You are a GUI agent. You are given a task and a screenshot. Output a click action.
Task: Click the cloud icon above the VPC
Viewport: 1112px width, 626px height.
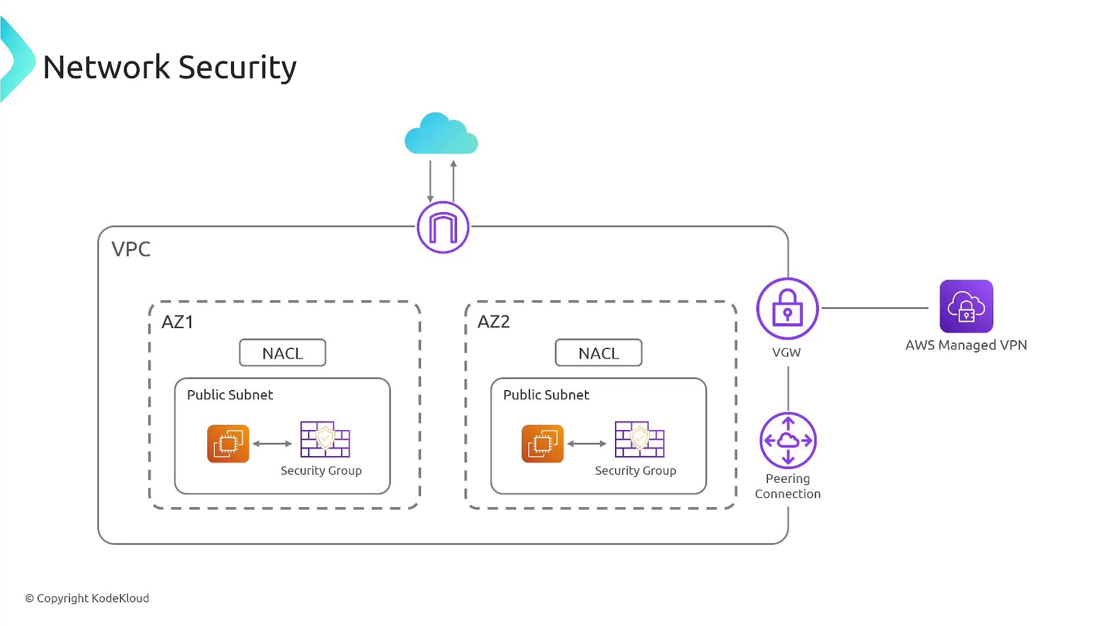click(441, 134)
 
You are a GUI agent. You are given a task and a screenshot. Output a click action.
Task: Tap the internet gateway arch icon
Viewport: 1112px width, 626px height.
click(443, 227)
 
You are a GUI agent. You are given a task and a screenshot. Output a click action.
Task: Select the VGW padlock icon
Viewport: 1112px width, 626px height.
click(787, 308)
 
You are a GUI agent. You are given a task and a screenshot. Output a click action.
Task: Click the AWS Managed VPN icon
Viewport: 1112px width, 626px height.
click(966, 306)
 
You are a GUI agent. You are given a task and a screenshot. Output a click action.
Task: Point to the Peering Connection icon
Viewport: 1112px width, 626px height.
click(788, 441)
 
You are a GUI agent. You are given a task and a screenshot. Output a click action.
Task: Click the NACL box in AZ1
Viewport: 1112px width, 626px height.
click(283, 353)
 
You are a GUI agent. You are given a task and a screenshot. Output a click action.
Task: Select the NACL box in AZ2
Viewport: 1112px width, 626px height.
click(598, 353)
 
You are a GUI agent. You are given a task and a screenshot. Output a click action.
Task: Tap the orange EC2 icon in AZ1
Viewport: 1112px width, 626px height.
click(228, 444)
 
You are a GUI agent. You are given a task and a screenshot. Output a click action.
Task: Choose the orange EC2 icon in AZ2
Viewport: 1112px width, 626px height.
click(543, 444)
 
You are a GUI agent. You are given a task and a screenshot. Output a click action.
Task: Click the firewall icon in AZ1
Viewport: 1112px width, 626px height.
click(325, 440)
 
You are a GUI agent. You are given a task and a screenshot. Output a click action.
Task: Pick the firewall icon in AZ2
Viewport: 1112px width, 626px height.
click(639, 440)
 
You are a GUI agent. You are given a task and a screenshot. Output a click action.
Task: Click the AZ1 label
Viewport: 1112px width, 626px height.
click(177, 322)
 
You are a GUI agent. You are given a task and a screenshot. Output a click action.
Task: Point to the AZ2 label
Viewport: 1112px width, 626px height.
click(493, 322)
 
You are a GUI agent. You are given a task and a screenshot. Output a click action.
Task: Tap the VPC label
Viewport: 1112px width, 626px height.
click(131, 249)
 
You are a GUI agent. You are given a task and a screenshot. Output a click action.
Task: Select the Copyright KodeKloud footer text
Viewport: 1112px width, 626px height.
click(87, 598)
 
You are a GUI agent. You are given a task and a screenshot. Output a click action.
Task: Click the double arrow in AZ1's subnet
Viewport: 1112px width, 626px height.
click(272, 444)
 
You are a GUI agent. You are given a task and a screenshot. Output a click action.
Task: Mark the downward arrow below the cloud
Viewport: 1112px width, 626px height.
click(430, 181)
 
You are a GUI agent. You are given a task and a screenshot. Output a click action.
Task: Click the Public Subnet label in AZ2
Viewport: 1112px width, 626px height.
click(546, 395)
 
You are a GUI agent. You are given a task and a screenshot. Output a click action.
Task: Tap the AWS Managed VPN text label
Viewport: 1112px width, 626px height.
click(966, 345)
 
